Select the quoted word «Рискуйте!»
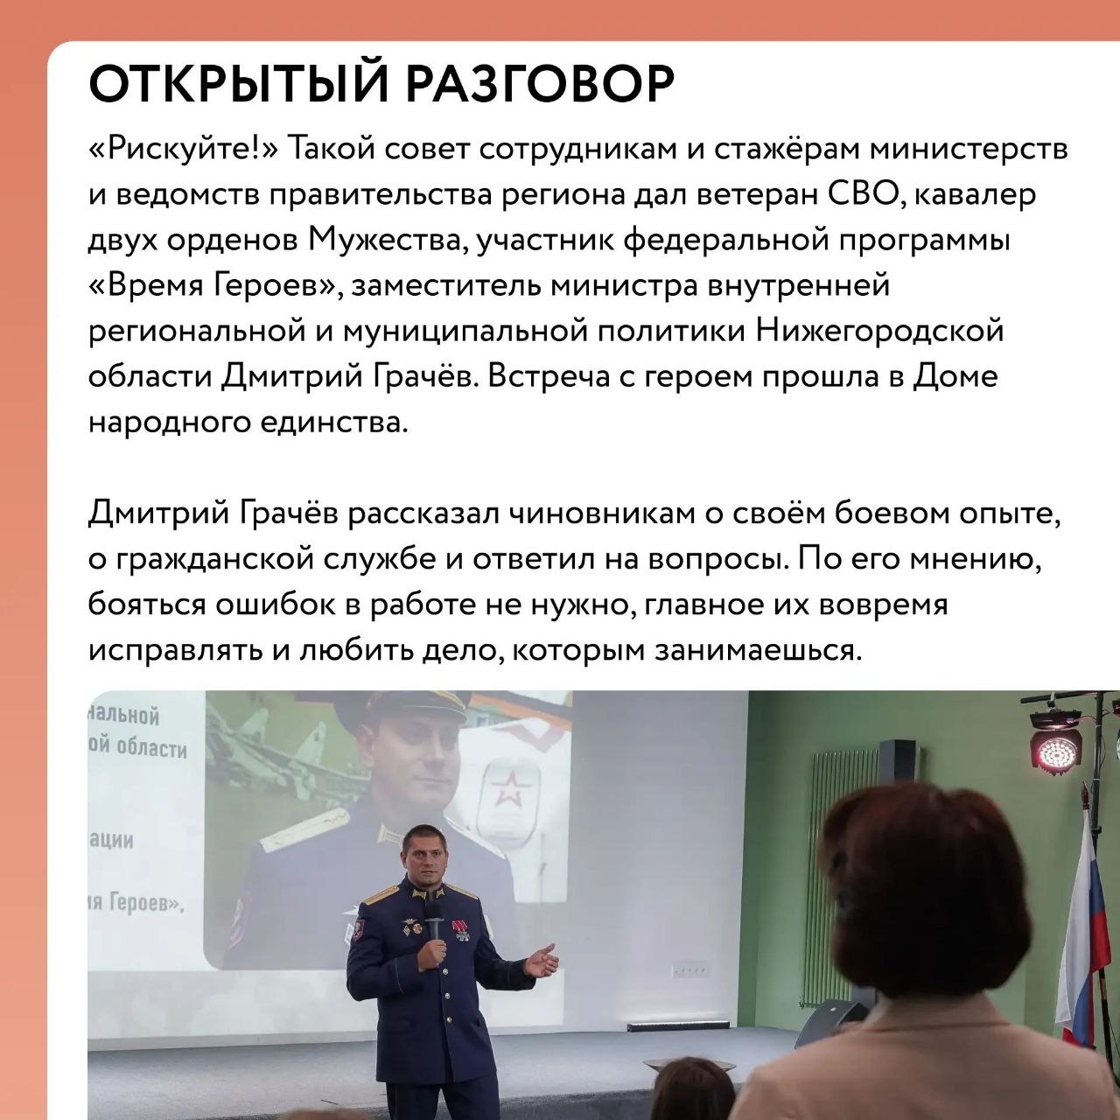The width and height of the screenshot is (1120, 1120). coord(185,150)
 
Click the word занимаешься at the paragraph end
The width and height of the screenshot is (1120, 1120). coord(756,651)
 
